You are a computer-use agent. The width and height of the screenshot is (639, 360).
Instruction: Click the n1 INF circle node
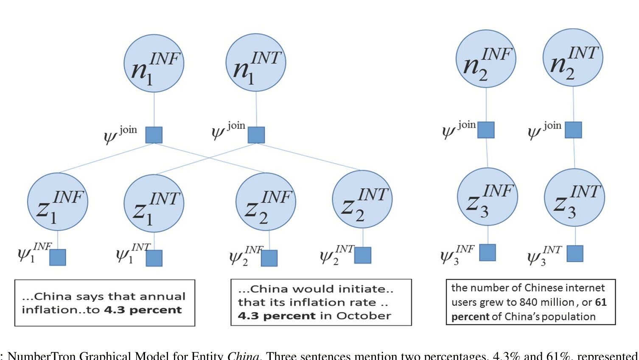coord(154,64)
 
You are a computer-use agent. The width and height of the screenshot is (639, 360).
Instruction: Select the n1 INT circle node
coord(256,63)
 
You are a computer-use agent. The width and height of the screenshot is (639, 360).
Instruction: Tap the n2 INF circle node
coord(486,59)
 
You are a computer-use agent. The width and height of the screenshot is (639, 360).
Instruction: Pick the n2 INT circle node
coord(573,58)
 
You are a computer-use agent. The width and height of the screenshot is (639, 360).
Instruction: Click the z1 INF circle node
coord(58,202)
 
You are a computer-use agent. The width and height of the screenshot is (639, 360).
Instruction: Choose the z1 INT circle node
coord(154,204)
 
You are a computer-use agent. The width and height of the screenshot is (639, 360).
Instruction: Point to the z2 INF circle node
coord(266,202)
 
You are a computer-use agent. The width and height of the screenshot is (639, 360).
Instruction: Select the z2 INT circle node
coord(362,199)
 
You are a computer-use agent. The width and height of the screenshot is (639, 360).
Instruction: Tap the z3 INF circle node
coord(488,197)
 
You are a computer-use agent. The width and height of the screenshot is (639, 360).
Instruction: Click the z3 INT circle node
coord(575,198)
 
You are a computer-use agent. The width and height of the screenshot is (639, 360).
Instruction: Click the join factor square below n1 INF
coord(154,135)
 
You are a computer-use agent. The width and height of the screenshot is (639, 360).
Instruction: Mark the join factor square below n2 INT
coord(573,130)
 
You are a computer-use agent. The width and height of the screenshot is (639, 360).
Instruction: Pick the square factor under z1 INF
coord(58,257)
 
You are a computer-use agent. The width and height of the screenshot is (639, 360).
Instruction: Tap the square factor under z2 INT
coord(363,255)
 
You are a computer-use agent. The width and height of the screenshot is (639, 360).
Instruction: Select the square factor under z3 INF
coord(488,253)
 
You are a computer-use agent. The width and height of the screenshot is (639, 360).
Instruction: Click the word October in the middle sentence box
coord(364,316)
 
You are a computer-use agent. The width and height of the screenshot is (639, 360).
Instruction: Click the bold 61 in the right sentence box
coord(601,302)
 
